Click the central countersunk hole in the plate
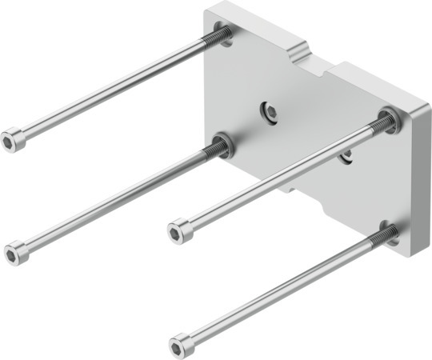[x=270, y=113]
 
